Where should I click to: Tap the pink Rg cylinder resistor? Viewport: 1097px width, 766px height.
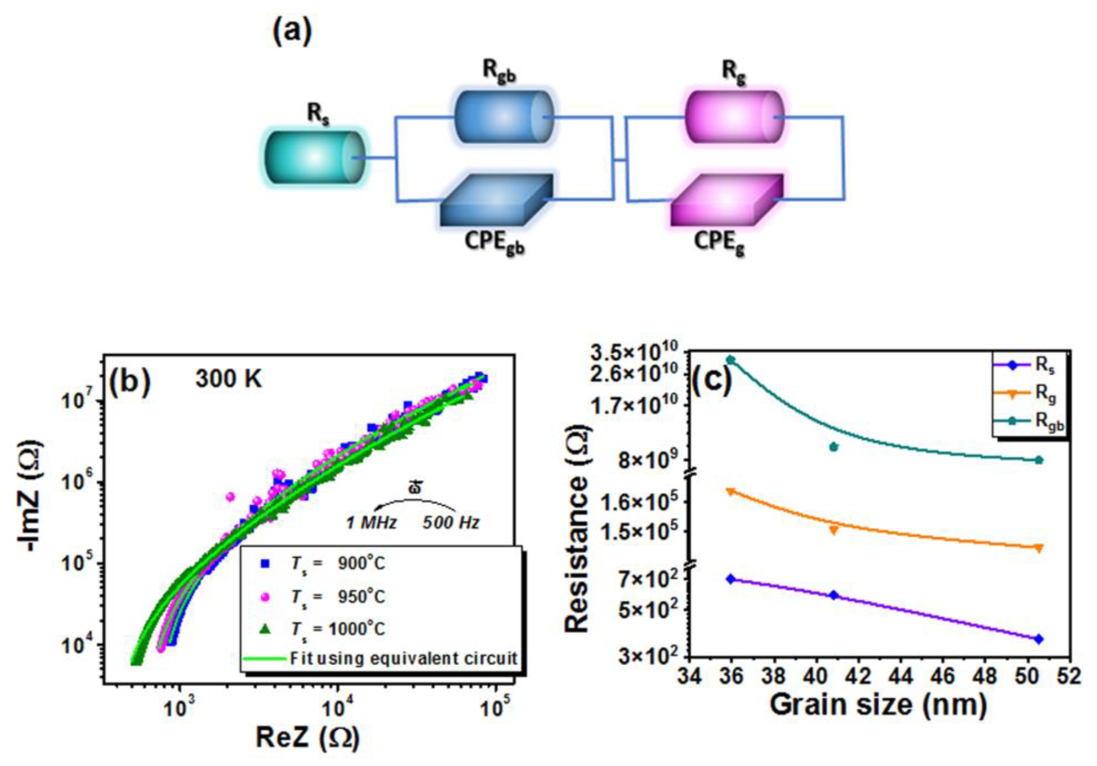(x=734, y=116)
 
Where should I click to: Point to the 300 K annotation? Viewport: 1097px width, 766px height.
(x=229, y=379)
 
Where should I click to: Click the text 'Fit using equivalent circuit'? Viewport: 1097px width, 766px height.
(x=404, y=658)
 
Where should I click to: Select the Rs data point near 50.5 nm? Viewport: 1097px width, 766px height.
(x=1038, y=639)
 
